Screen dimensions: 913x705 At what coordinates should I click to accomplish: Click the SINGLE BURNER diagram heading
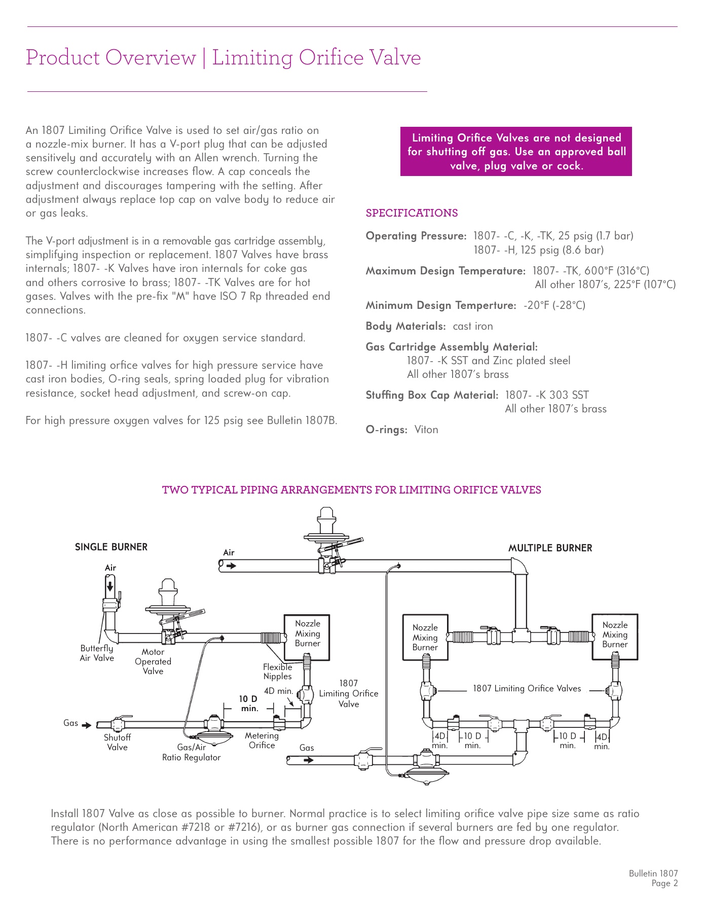pyautogui.click(x=111, y=547)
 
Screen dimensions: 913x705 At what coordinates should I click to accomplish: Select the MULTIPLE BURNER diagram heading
pyautogui.click(x=550, y=548)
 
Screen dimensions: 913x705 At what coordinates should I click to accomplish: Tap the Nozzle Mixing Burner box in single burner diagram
pyautogui.click(x=307, y=637)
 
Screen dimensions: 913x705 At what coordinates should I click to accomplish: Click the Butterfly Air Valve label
pyautogui.click(x=97, y=653)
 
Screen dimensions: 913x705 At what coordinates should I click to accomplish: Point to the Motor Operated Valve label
pyautogui.click(x=153, y=661)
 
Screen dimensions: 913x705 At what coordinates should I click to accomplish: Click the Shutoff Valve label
pyautogui.click(x=117, y=742)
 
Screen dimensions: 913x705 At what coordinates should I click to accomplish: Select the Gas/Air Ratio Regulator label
pyautogui.click(x=192, y=752)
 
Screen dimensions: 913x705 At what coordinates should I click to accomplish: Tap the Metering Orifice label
pyautogui.click(x=262, y=740)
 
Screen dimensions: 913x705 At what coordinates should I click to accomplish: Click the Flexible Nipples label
pyautogui.click(x=277, y=672)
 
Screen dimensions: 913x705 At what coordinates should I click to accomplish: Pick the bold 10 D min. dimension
pyautogui.click(x=248, y=704)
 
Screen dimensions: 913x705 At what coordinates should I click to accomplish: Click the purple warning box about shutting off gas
pyautogui.click(x=516, y=151)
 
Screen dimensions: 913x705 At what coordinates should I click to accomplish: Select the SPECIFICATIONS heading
pyautogui.click(x=412, y=213)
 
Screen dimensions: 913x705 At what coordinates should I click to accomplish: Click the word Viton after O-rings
pyautogui.click(x=426, y=430)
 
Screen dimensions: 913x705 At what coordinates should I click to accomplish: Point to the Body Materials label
pyautogui.click(x=405, y=326)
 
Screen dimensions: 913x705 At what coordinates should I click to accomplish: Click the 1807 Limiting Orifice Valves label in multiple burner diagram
pyautogui.click(x=527, y=688)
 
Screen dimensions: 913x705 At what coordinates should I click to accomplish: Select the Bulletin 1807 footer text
pyautogui.click(x=653, y=873)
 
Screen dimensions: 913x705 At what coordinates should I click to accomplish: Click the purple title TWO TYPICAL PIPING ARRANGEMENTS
pyautogui.click(x=351, y=490)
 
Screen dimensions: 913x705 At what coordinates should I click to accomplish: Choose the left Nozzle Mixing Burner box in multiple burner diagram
pyautogui.click(x=425, y=637)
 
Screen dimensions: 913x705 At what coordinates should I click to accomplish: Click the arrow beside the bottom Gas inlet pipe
pyautogui.click(x=308, y=760)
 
